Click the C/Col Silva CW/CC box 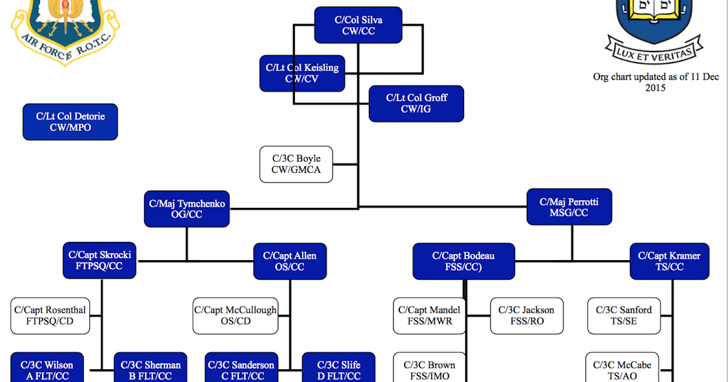(358, 25)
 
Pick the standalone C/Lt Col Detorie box (70, 122)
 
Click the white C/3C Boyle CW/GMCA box (296, 164)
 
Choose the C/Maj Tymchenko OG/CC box (187, 209)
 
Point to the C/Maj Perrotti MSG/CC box (569, 207)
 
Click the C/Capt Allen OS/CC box (289, 261)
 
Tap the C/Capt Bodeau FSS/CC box (463, 261)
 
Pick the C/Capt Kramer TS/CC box (669, 261)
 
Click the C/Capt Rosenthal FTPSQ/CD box (50, 315)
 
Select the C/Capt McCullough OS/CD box (235, 315)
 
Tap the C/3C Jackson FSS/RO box (526, 315)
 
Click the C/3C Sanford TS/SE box (624, 315)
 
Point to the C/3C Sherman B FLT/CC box (150, 369)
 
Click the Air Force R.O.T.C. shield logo (65, 27)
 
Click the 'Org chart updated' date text (655, 82)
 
